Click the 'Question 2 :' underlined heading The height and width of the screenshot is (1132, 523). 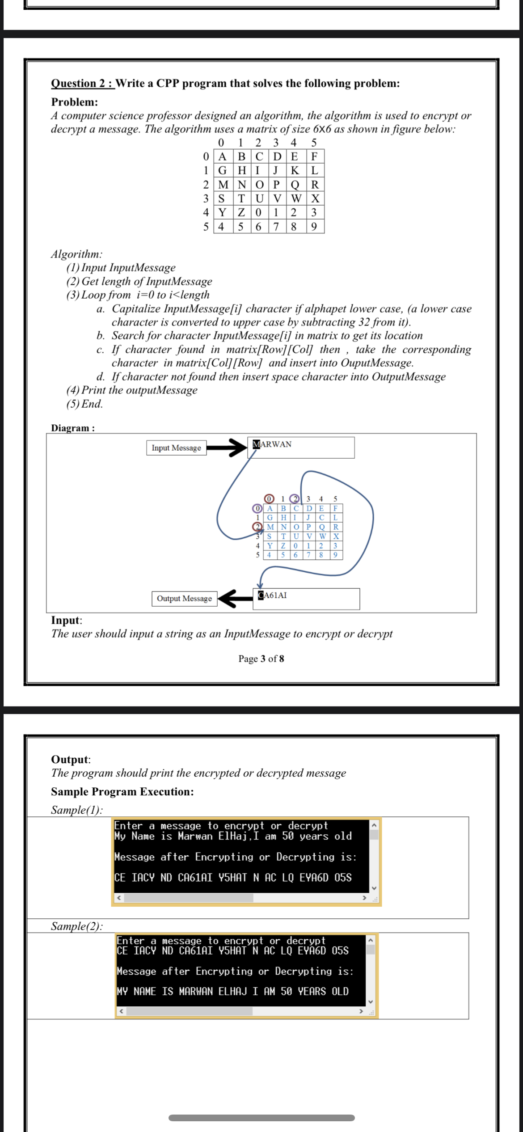click(x=83, y=84)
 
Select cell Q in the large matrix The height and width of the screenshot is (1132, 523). click(x=295, y=185)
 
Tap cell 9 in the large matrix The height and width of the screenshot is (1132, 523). click(x=314, y=227)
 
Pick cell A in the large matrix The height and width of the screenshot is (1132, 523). click(x=222, y=157)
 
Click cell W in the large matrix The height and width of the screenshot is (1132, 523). click(x=295, y=199)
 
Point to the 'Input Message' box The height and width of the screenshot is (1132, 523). click(x=176, y=448)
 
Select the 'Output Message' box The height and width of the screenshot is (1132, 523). click(x=184, y=599)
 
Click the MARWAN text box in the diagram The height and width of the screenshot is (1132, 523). click(x=301, y=447)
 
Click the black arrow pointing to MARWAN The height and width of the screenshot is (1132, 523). click(x=226, y=448)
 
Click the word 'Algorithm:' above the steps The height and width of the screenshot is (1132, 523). click(x=76, y=254)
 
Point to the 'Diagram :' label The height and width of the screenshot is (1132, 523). click(x=73, y=428)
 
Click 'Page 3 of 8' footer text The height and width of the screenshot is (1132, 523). click(x=261, y=659)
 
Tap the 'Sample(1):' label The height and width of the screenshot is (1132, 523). click(x=76, y=810)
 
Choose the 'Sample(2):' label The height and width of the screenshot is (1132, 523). click(x=76, y=926)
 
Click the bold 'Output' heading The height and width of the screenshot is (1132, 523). click(x=70, y=760)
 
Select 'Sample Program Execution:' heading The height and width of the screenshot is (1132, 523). click(x=122, y=792)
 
